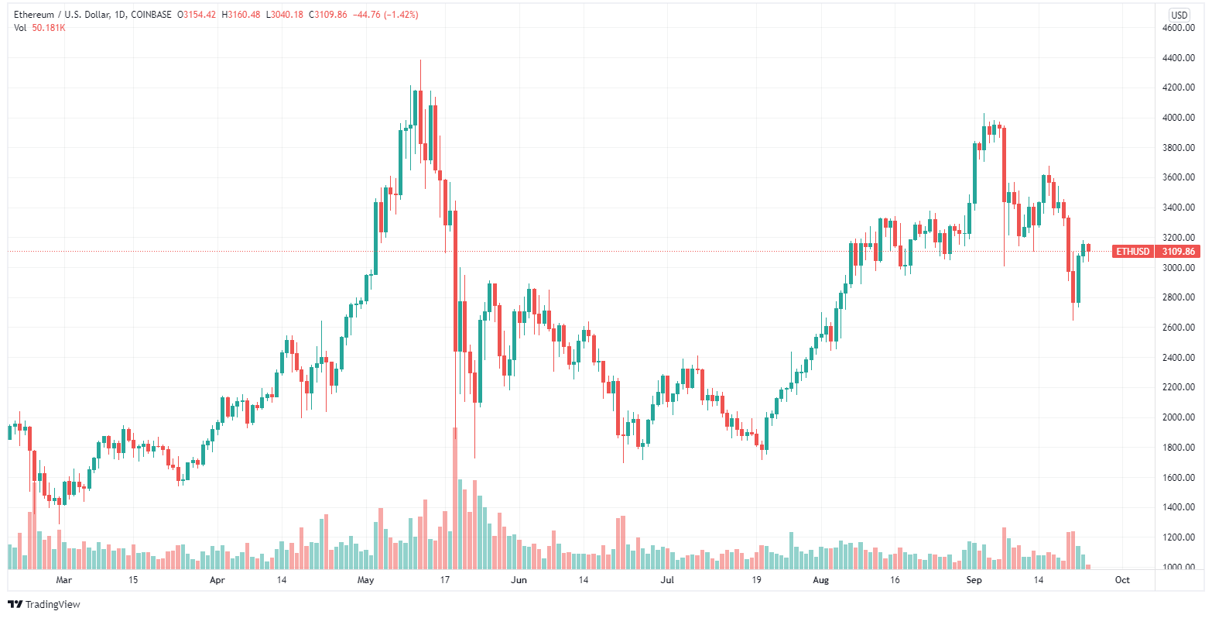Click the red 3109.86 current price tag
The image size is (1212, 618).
(x=1179, y=252)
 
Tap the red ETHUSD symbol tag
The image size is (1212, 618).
(x=1132, y=252)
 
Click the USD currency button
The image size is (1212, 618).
(x=1179, y=15)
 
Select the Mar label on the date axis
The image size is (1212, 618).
(x=63, y=580)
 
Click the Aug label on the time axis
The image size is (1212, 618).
(x=821, y=580)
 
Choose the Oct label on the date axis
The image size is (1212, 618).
(x=1122, y=580)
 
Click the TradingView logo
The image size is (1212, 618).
(x=44, y=604)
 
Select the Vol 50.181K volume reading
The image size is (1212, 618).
(x=40, y=28)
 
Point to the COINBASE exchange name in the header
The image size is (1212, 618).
(x=151, y=15)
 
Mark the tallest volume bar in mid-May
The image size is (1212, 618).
(x=455, y=496)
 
